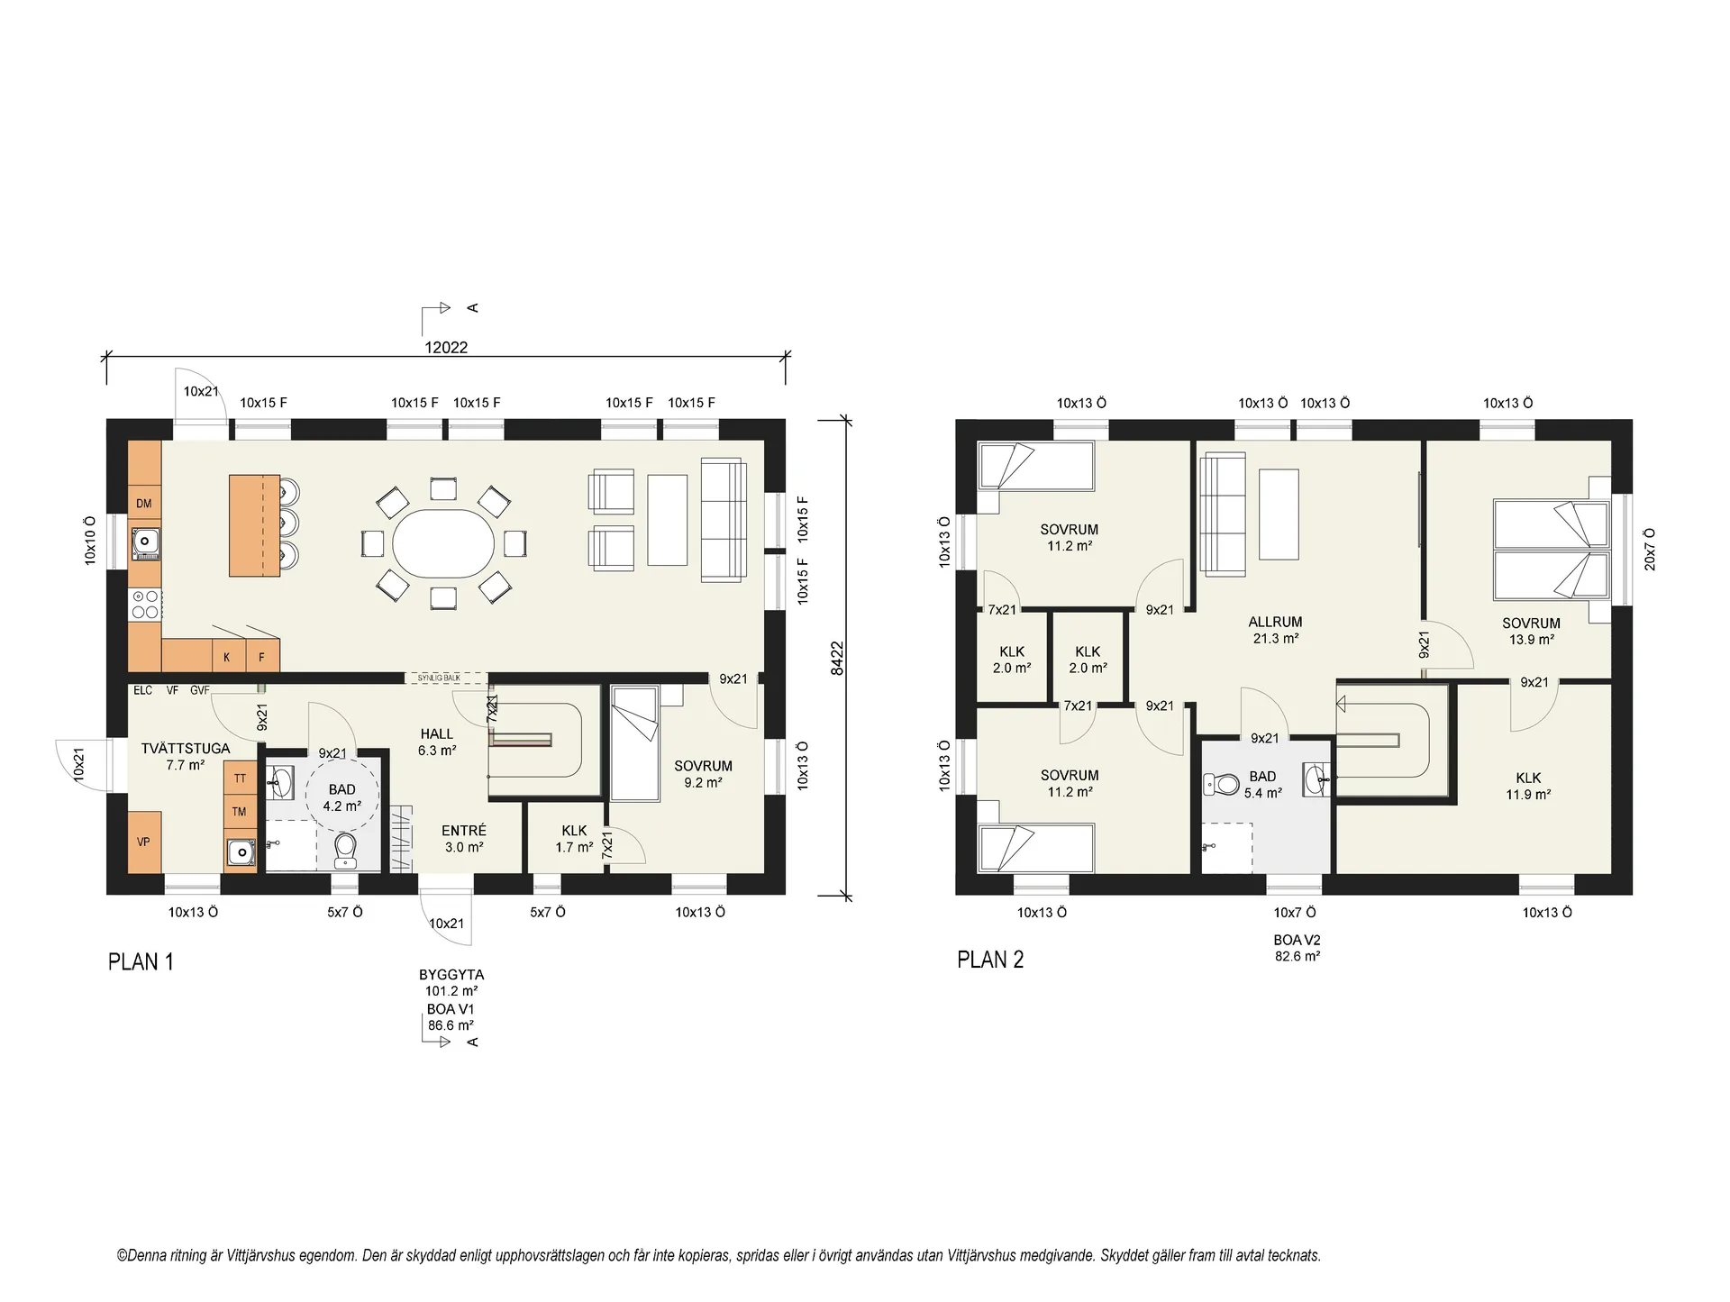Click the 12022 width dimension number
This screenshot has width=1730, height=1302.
click(x=446, y=347)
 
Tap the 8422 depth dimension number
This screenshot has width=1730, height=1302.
click(x=837, y=658)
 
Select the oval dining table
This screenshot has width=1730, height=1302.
click(x=443, y=544)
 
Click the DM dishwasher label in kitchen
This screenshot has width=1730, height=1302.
click(x=144, y=504)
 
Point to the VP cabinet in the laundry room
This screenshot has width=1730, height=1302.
click(x=144, y=842)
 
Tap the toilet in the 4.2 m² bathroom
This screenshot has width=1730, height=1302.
click(x=345, y=850)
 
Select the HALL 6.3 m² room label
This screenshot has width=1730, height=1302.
click(x=437, y=742)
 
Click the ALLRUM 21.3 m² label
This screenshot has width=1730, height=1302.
click(x=1275, y=630)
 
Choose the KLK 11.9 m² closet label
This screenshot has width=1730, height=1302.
click(x=1528, y=786)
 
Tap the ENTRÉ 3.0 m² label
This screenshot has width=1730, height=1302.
click(x=464, y=839)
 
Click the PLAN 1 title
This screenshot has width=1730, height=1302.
click(x=141, y=961)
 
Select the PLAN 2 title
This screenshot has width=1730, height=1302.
click(x=990, y=960)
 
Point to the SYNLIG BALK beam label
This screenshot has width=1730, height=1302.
click(x=439, y=678)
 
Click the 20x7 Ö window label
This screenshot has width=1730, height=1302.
click(x=1650, y=550)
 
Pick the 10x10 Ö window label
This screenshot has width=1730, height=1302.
click(x=90, y=541)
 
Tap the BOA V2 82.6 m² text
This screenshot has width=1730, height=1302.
click(x=1297, y=948)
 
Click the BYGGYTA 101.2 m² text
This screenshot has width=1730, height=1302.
click(x=451, y=982)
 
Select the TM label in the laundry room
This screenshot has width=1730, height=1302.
click(x=239, y=812)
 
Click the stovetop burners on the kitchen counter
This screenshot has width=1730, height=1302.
click(x=145, y=604)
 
